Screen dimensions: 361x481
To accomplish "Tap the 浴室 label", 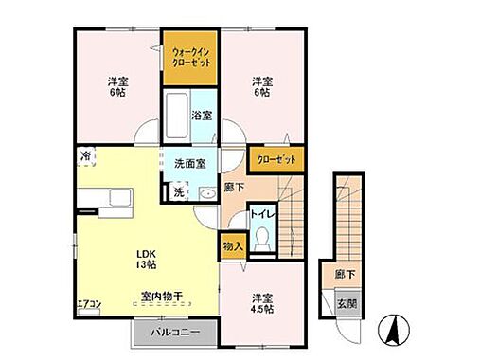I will click(x=202, y=115).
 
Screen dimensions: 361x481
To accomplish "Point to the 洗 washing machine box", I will click(x=178, y=191).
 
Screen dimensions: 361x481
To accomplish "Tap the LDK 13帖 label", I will click(x=144, y=259).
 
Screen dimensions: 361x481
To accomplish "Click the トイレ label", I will click(x=260, y=215).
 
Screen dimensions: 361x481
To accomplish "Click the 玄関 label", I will click(x=346, y=303).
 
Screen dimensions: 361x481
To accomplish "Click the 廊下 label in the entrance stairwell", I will click(x=345, y=273).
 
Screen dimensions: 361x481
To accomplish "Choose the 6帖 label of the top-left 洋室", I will click(x=117, y=93).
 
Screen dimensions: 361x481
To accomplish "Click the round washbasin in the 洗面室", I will click(x=207, y=193).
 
